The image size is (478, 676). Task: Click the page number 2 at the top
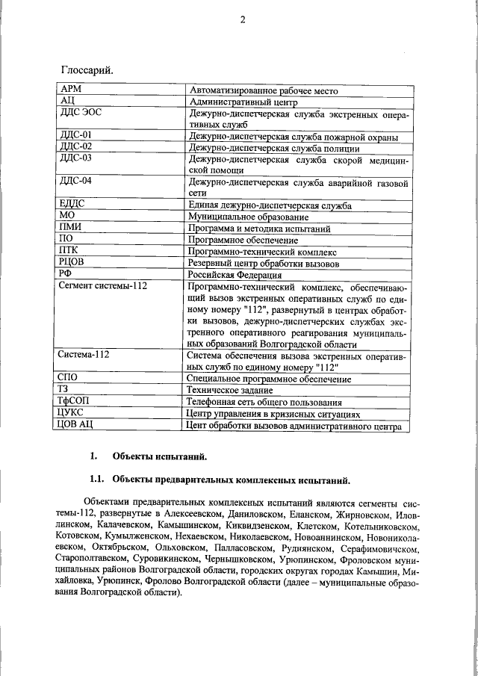[242, 20]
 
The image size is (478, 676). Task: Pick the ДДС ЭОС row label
[80, 114]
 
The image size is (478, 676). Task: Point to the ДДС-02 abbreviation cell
[75, 148]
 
